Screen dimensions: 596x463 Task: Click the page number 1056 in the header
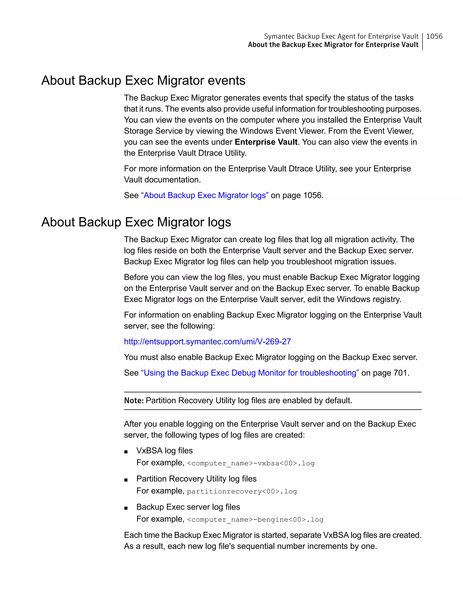tap(434, 36)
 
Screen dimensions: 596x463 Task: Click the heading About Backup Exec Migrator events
tap(143, 81)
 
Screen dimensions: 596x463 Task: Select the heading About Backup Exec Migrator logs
tap(136, 222)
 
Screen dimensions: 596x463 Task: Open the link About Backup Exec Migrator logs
tap(205, 195)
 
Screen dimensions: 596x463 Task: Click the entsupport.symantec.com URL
tap(207, 341)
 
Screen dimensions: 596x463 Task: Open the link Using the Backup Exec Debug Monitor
tap(250, 373)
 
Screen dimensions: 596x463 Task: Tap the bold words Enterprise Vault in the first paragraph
tap(266, 142)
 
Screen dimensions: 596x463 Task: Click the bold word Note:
tap(134, 401)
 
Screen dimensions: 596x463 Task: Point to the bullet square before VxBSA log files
tap(126, 452)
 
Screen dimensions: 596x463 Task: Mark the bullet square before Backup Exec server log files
tap(126, 508)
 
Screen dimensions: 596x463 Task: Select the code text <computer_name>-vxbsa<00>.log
tap(251, 463)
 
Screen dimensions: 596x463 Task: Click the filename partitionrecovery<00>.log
tap(242, 491)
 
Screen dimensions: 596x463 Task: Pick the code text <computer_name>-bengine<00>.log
tap(255, 519)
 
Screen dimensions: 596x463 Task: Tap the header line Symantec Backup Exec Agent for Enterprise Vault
tap(341, 36)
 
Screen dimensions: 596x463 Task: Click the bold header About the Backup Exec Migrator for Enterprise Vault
tap(333, 45)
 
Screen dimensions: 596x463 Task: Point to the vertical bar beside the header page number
tap(422, 41)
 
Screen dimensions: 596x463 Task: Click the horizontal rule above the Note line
tap(272, 392)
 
